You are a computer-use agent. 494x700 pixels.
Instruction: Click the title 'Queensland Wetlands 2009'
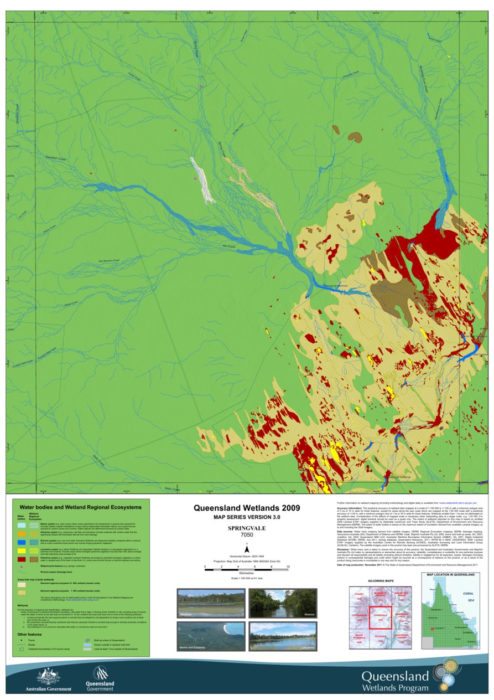247,508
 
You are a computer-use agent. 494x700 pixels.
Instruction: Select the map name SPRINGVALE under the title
247,528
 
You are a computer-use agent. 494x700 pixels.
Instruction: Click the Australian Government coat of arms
48,676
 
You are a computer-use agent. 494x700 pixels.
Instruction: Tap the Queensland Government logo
100,676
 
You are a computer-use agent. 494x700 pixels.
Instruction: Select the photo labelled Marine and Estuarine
210,636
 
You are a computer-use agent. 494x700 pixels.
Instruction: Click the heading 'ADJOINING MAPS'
380,581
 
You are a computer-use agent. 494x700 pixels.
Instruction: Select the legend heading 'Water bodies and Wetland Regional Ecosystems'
80,507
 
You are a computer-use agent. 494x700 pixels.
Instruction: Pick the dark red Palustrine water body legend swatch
22,560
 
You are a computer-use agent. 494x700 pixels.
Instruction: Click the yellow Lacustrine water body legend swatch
22,550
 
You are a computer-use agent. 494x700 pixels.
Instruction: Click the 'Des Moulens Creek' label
108,260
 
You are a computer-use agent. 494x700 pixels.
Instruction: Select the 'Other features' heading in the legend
30,634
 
